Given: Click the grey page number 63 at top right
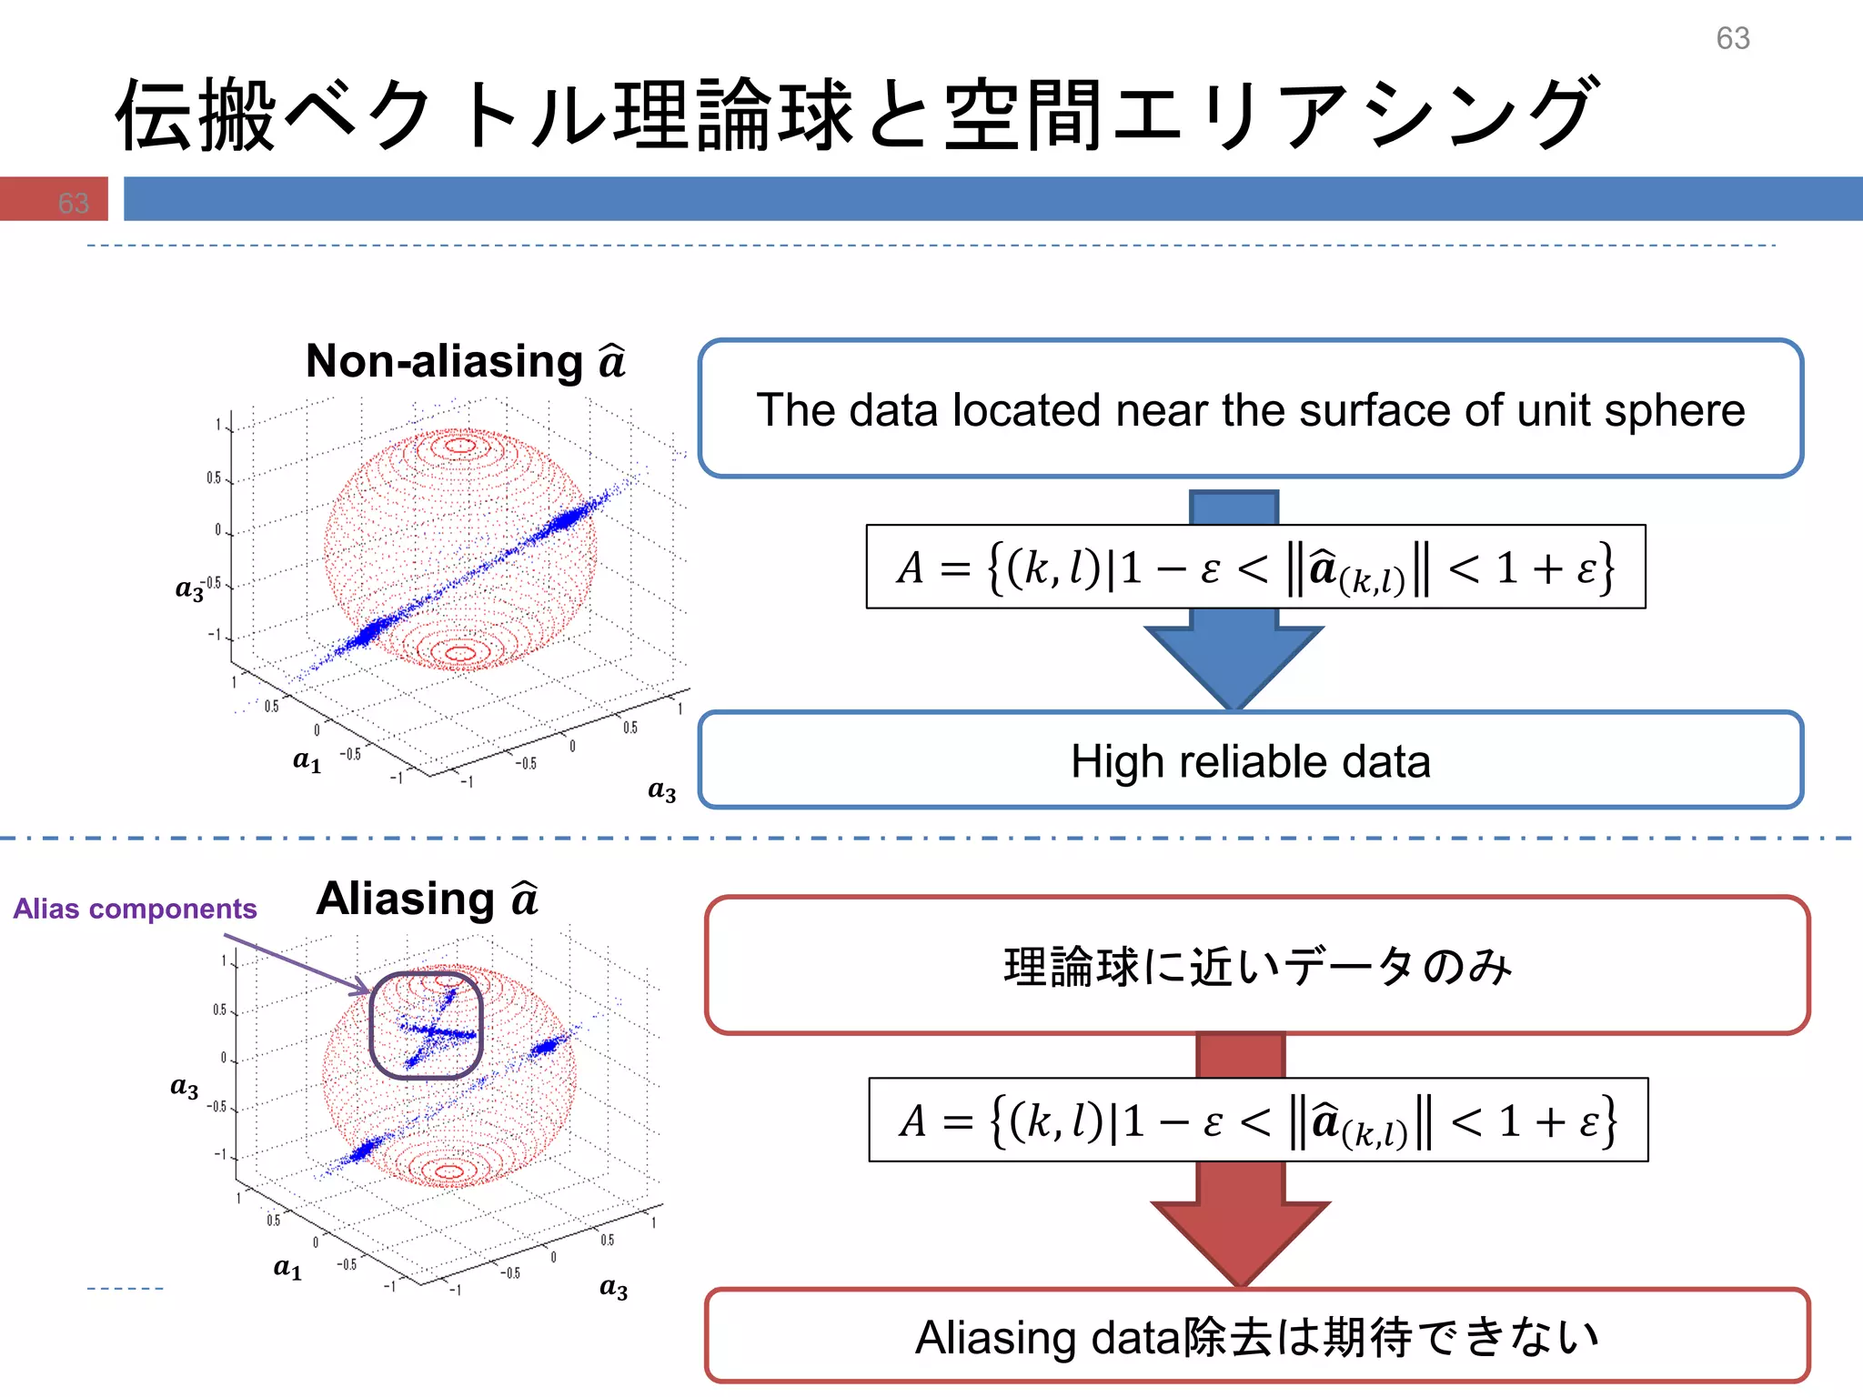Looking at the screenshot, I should point(1732,38).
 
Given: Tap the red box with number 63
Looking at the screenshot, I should point(55,199).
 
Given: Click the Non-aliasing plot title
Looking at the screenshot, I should point(465,362).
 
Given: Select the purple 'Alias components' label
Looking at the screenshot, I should point(135,909).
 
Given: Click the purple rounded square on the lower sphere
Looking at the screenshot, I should point(426,1025).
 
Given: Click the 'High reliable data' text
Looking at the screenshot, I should point(1250,762).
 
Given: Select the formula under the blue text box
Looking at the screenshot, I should point(1255,568).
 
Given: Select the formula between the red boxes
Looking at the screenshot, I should point(1258,1121).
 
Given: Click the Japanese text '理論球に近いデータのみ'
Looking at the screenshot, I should point(1257,966).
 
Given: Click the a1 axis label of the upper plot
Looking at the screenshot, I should point(307,760).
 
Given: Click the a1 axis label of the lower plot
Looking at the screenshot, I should point(287,1267).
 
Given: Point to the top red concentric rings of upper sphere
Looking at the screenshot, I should point(459,446).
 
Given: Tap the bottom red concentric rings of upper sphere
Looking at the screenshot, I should point(459,652).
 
